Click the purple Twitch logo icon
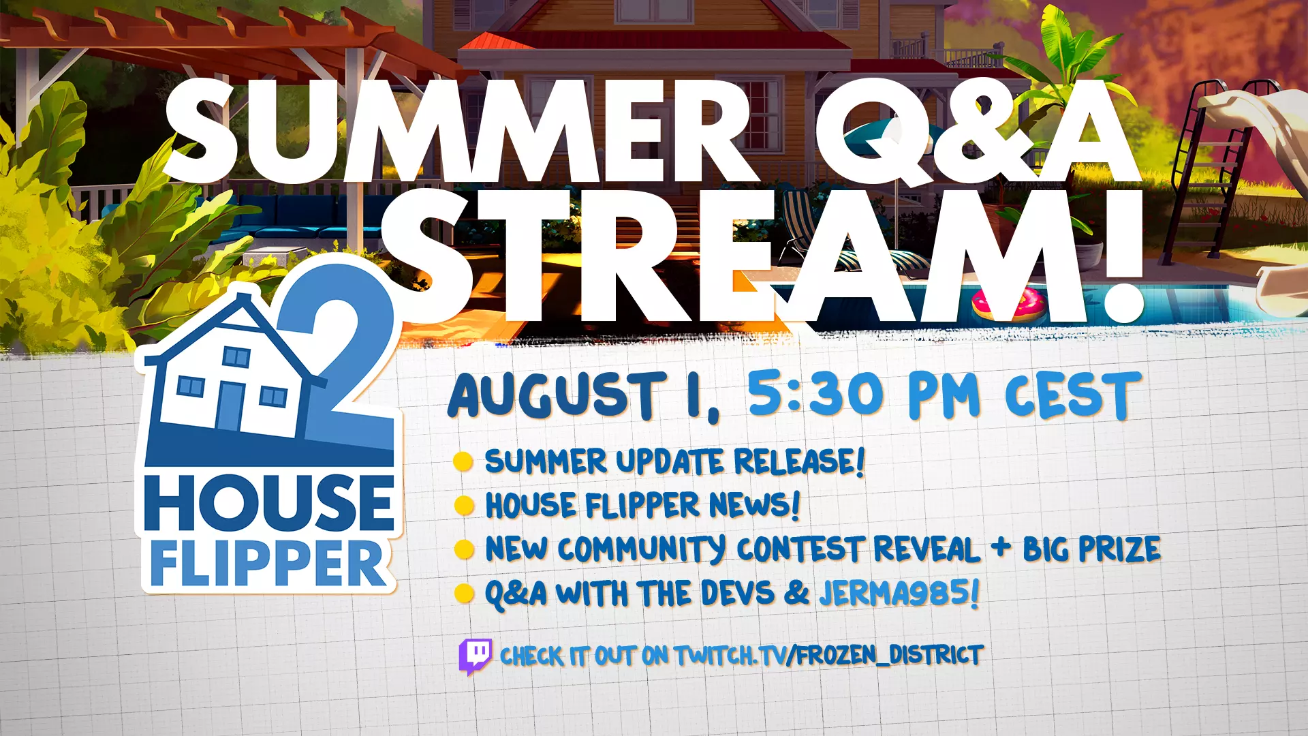pos(476,656)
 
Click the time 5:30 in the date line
pos(815,393)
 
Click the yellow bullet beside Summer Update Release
pos(463,461)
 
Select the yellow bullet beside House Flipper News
pos(464,506)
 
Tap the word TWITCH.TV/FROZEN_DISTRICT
pos(828,655)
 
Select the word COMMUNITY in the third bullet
pos(641,549)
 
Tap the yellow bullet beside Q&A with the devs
pos(464,594)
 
